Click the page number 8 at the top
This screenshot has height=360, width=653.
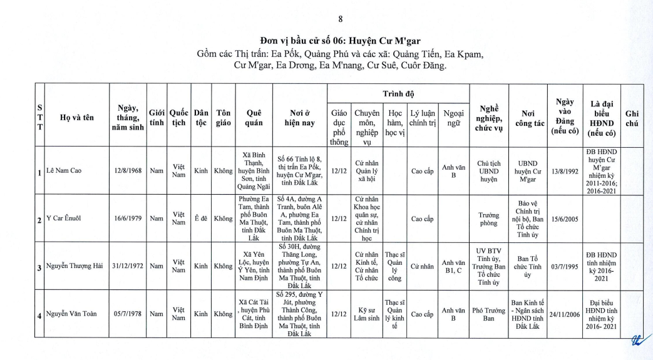pyautogui.click(x=340, y=19)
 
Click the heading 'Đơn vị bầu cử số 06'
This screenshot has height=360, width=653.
pyautogui.click(x=339, y=42)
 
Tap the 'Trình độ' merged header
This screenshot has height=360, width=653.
pyautogui.click(x=399, y=93)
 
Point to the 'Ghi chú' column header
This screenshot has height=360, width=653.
pyautogui.click(x=632, y=118)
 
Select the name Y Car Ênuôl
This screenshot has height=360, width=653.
pyautogui.click(x=64, y=219)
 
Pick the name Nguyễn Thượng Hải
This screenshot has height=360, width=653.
pyautogui.click(x=75, y=267)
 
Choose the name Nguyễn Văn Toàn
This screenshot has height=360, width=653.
pyautogui.click(x=71, y=314)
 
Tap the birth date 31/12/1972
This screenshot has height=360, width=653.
pyautogui.click(x=128, y=267)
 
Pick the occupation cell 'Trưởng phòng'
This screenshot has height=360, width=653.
pyautogui.click(x=488, y=219)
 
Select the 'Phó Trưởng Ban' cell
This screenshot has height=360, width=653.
pyautogui.click(x=488, y=314)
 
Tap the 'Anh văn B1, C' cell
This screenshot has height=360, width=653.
pyautogui.click(x=453, y=267)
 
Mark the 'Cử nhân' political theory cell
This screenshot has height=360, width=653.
pyautogui.click(x=422, y=267)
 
